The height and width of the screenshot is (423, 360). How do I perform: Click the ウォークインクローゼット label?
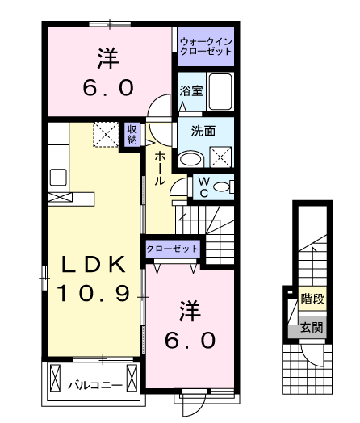click(206, 46)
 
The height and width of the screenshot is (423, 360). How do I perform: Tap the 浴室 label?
click(191, 91)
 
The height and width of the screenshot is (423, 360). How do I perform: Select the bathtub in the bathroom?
click(220, 91)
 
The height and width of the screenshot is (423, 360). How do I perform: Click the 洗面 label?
click(203, 131)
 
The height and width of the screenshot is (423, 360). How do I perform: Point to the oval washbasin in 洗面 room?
click(191, 159)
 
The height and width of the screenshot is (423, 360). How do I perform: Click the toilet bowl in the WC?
click(221, 186)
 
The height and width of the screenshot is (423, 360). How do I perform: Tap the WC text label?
click(204, 186)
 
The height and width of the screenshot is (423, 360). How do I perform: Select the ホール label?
click(160, 168)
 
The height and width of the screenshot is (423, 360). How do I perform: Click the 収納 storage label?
click(132, 134)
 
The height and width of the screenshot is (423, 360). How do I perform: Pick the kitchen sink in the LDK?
click(58, 177)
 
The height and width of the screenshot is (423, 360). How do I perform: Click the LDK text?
click(94, 265)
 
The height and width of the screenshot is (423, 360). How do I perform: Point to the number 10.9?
click(94, 294)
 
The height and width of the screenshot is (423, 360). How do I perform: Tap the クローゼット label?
click(172, 249)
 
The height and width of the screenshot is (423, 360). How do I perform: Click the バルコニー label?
click(95, 385)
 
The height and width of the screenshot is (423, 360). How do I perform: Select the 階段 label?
click(312, 299)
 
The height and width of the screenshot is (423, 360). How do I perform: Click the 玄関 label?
click(312, 328)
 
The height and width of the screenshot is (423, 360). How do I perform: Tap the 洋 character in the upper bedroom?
click(108, 58)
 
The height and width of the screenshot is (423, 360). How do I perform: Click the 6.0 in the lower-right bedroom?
click(190, 340)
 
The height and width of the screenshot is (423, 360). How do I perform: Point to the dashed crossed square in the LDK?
click(106, 135)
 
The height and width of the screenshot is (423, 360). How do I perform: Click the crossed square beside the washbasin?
click(220, 157)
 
